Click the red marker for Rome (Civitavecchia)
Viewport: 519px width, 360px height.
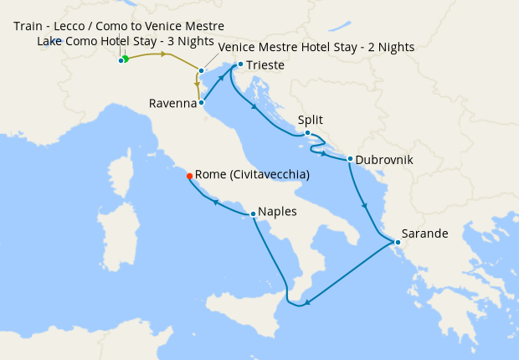point(189,176)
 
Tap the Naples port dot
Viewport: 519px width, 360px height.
point(253,213)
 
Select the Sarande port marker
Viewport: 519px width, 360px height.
point(398,244)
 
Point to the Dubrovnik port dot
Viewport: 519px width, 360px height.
point(350,159)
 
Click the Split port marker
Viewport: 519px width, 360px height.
point(307,133)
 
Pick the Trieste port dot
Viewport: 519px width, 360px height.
point(240,64)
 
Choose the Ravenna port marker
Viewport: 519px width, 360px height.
point(202,104)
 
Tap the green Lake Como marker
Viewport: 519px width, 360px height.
point(125,59)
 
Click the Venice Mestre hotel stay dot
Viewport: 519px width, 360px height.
point(202,71)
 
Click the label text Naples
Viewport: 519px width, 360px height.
point(278,213)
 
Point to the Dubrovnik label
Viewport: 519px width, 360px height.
point(384,159)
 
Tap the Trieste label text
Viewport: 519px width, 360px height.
point(266,64)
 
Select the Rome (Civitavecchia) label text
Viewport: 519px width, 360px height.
point(252,175)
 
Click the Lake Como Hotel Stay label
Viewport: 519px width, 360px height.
point(126,42)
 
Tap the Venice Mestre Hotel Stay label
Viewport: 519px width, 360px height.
point(316,48)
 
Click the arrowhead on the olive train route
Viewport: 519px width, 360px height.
point(165,54)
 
